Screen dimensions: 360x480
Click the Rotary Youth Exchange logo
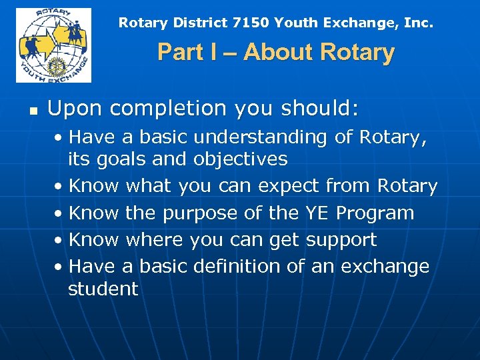point(53,45)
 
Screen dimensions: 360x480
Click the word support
point(342,240)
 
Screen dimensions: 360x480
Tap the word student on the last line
point(103,289)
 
